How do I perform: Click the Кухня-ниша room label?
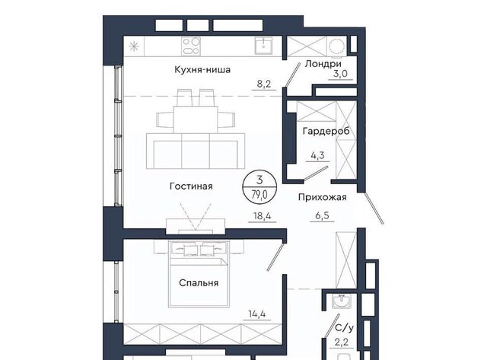click(x=202, y=69)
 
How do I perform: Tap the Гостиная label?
click(x=191, y=186)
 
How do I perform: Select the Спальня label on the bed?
click(x=199, y=283)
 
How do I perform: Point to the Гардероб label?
click(x=326, y=131)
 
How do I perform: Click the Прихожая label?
click(x=323, y=197)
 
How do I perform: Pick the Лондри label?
click(x=323, y=64)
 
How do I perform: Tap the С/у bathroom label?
click(x=345, y=328)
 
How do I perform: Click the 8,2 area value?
click(x=264, y=84)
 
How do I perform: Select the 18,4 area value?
click(x=263, y=216)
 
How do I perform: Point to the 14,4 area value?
click(x=257, y=314)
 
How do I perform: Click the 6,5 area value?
click(x=322, y=215)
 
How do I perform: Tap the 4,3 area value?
click(x=318, y=155)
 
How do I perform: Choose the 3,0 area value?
click(x=340, y=74)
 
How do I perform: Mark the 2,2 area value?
click(x=342, y=342)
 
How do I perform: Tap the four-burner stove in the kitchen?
click(x=191, y=46)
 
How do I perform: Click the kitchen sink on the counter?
click(x=264, y=46)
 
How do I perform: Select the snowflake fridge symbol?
click(x=134, y=46)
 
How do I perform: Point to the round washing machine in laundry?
click(x=337, y=47)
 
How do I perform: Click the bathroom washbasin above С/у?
click(x=342, y=301)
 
